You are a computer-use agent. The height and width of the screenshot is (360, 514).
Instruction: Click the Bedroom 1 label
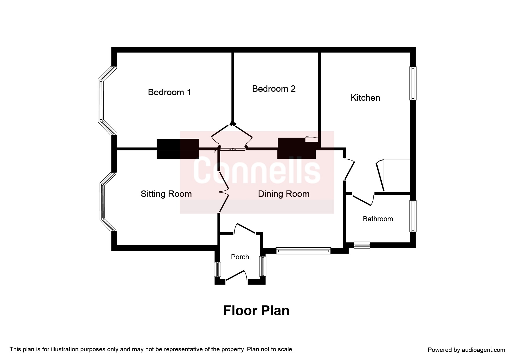tap(169, 92)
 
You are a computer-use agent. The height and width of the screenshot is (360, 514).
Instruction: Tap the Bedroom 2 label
tap(274, 89)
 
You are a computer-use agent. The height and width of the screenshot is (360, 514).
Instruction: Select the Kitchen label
tap(365, 98)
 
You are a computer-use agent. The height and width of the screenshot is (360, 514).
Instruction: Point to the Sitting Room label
tap(166, 194)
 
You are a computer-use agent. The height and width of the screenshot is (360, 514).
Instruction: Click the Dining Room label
tap(284, 194)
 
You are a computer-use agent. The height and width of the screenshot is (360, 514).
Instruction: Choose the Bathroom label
tap(378, 219)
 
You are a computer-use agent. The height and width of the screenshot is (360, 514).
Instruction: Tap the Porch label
tap(240, 257)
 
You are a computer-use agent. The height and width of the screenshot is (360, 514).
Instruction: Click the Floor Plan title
tap(256, 311)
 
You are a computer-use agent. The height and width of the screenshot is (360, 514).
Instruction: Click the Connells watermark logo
tap(257, 172)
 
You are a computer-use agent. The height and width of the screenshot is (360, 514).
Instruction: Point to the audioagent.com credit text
tap(466, 350)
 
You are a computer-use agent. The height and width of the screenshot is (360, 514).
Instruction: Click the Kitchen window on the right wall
tap(413, 83)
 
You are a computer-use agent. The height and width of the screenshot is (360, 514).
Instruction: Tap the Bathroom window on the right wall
tap(413, 216)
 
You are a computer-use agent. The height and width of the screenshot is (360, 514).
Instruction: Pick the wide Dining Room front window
tap(303, 251)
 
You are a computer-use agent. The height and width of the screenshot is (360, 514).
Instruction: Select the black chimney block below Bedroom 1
tap(178, 149)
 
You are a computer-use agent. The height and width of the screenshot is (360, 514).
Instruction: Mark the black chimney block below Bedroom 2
tap(297, 148)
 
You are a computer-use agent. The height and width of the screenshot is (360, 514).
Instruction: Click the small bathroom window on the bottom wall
tap(362, 245)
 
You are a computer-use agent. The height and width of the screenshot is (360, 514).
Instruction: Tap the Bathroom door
tap(362, 200)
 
